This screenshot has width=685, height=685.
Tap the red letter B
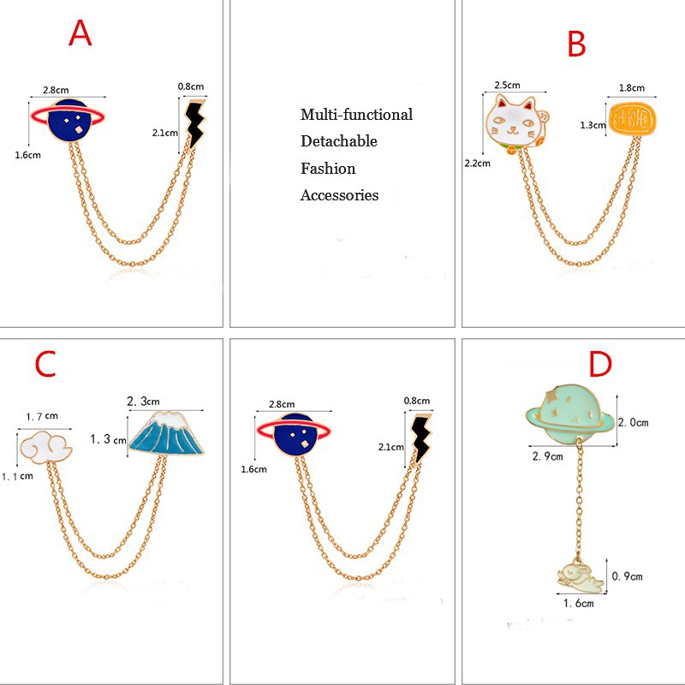click(x=576, y=44)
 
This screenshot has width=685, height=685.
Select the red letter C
click(x=45, y=365)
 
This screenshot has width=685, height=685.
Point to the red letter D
click(x=601, y=365)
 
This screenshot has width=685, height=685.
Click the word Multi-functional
click(x=356, y=115)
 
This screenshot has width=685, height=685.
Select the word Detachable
click(x=338, y=141)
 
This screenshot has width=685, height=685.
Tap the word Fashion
click(x=328, y=169)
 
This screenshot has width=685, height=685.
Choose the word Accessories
click(x=339, y=195)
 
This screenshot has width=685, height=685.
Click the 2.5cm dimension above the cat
click(x=507, y=86)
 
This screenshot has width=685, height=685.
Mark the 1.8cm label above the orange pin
click(x=632, y=87)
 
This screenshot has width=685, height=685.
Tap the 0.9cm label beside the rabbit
click(x=627, y=575)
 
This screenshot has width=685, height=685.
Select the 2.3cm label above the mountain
click(x=143, y=401)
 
